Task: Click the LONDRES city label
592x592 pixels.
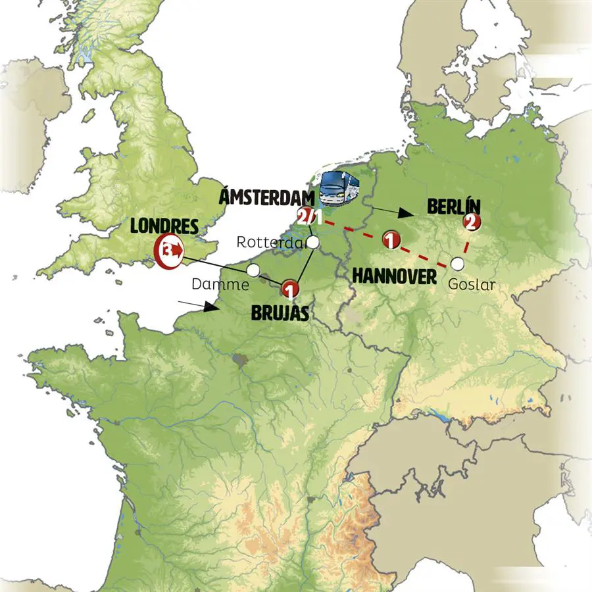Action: (x=164, y=226)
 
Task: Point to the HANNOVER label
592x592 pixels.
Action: (x=394, y=276)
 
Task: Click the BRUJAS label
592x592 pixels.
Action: (x=280, y=313)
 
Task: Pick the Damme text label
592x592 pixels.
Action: (x=220, y=284)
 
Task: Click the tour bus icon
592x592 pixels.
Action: (x=338, y=189)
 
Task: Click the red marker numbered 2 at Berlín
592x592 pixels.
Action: (x=471, y=222)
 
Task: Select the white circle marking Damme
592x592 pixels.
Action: (x=253, y=270)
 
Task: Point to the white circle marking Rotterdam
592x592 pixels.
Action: (x=314, y=243)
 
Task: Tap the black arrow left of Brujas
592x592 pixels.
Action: (x=197, y=305)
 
